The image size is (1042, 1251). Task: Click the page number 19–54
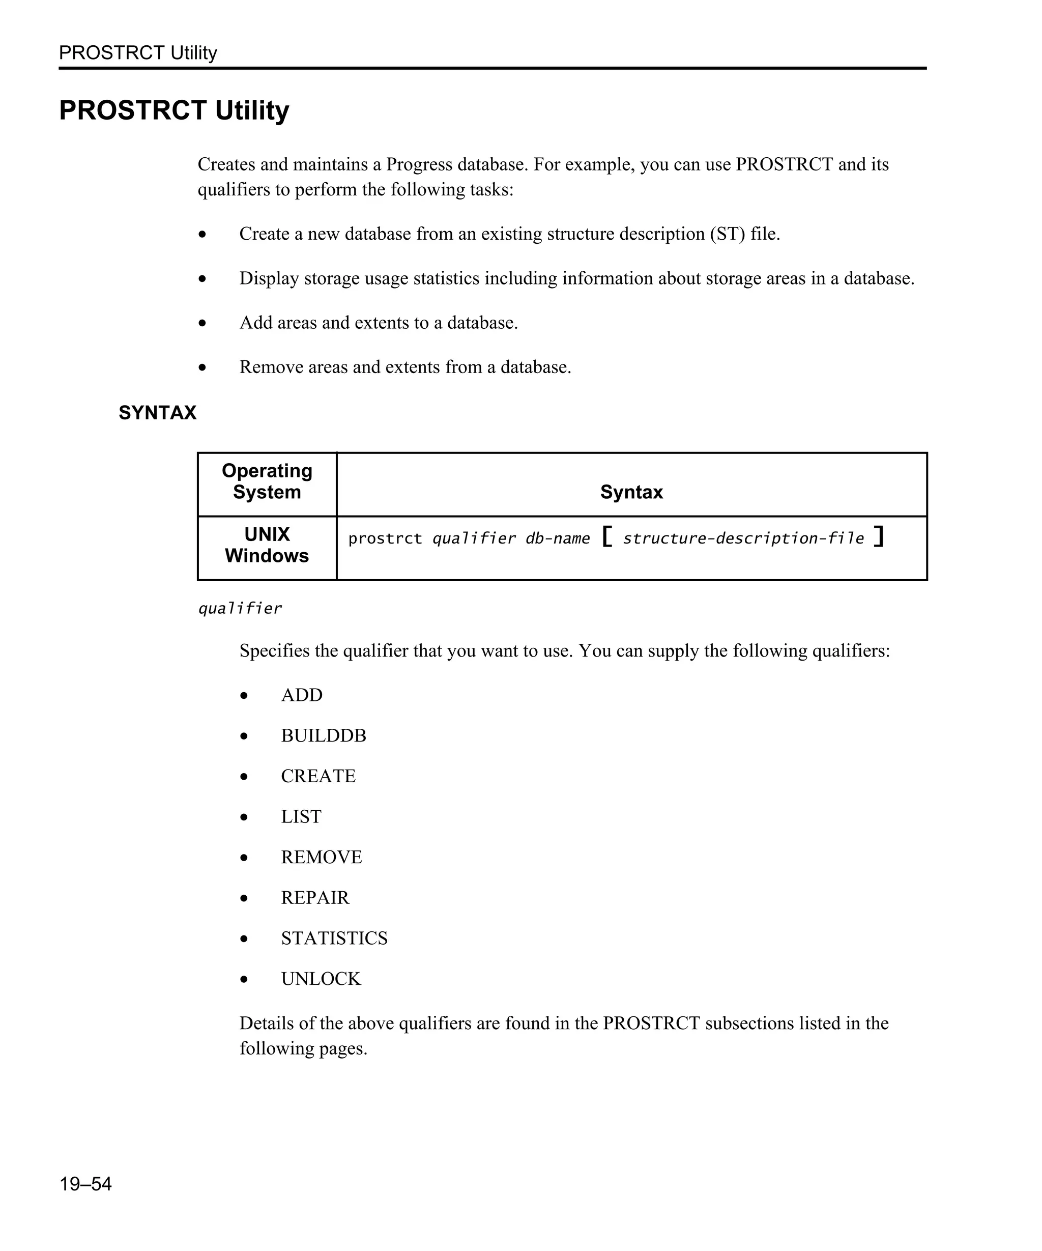pyautogui.click(x=85, y=1183)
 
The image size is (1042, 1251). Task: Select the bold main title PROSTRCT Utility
pyautogui.click(x=174, y=110)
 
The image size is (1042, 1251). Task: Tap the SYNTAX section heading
pyautogui.click(x=157, y=412)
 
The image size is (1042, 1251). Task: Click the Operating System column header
pyautogui.click(x=267, y=481)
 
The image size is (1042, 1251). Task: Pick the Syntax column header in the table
pyautogui.click(x=631, y=492)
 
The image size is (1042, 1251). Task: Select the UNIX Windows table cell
pyautogui.click(x=267, y=545)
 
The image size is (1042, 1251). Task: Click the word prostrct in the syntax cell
pyautogui.click(x=385, y=538)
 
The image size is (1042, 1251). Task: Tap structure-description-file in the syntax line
pyautogui.click(x=743, y=538)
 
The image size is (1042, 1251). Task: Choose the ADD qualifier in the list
pyautogui.click(x=301, y=695)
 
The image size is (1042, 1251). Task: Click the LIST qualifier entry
pyautogui.click(x=301, y=816)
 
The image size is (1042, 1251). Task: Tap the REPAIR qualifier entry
pyautogui.click(x=315, y=897)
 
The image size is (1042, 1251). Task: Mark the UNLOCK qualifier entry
pyautogui.click(x=321, y=978)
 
